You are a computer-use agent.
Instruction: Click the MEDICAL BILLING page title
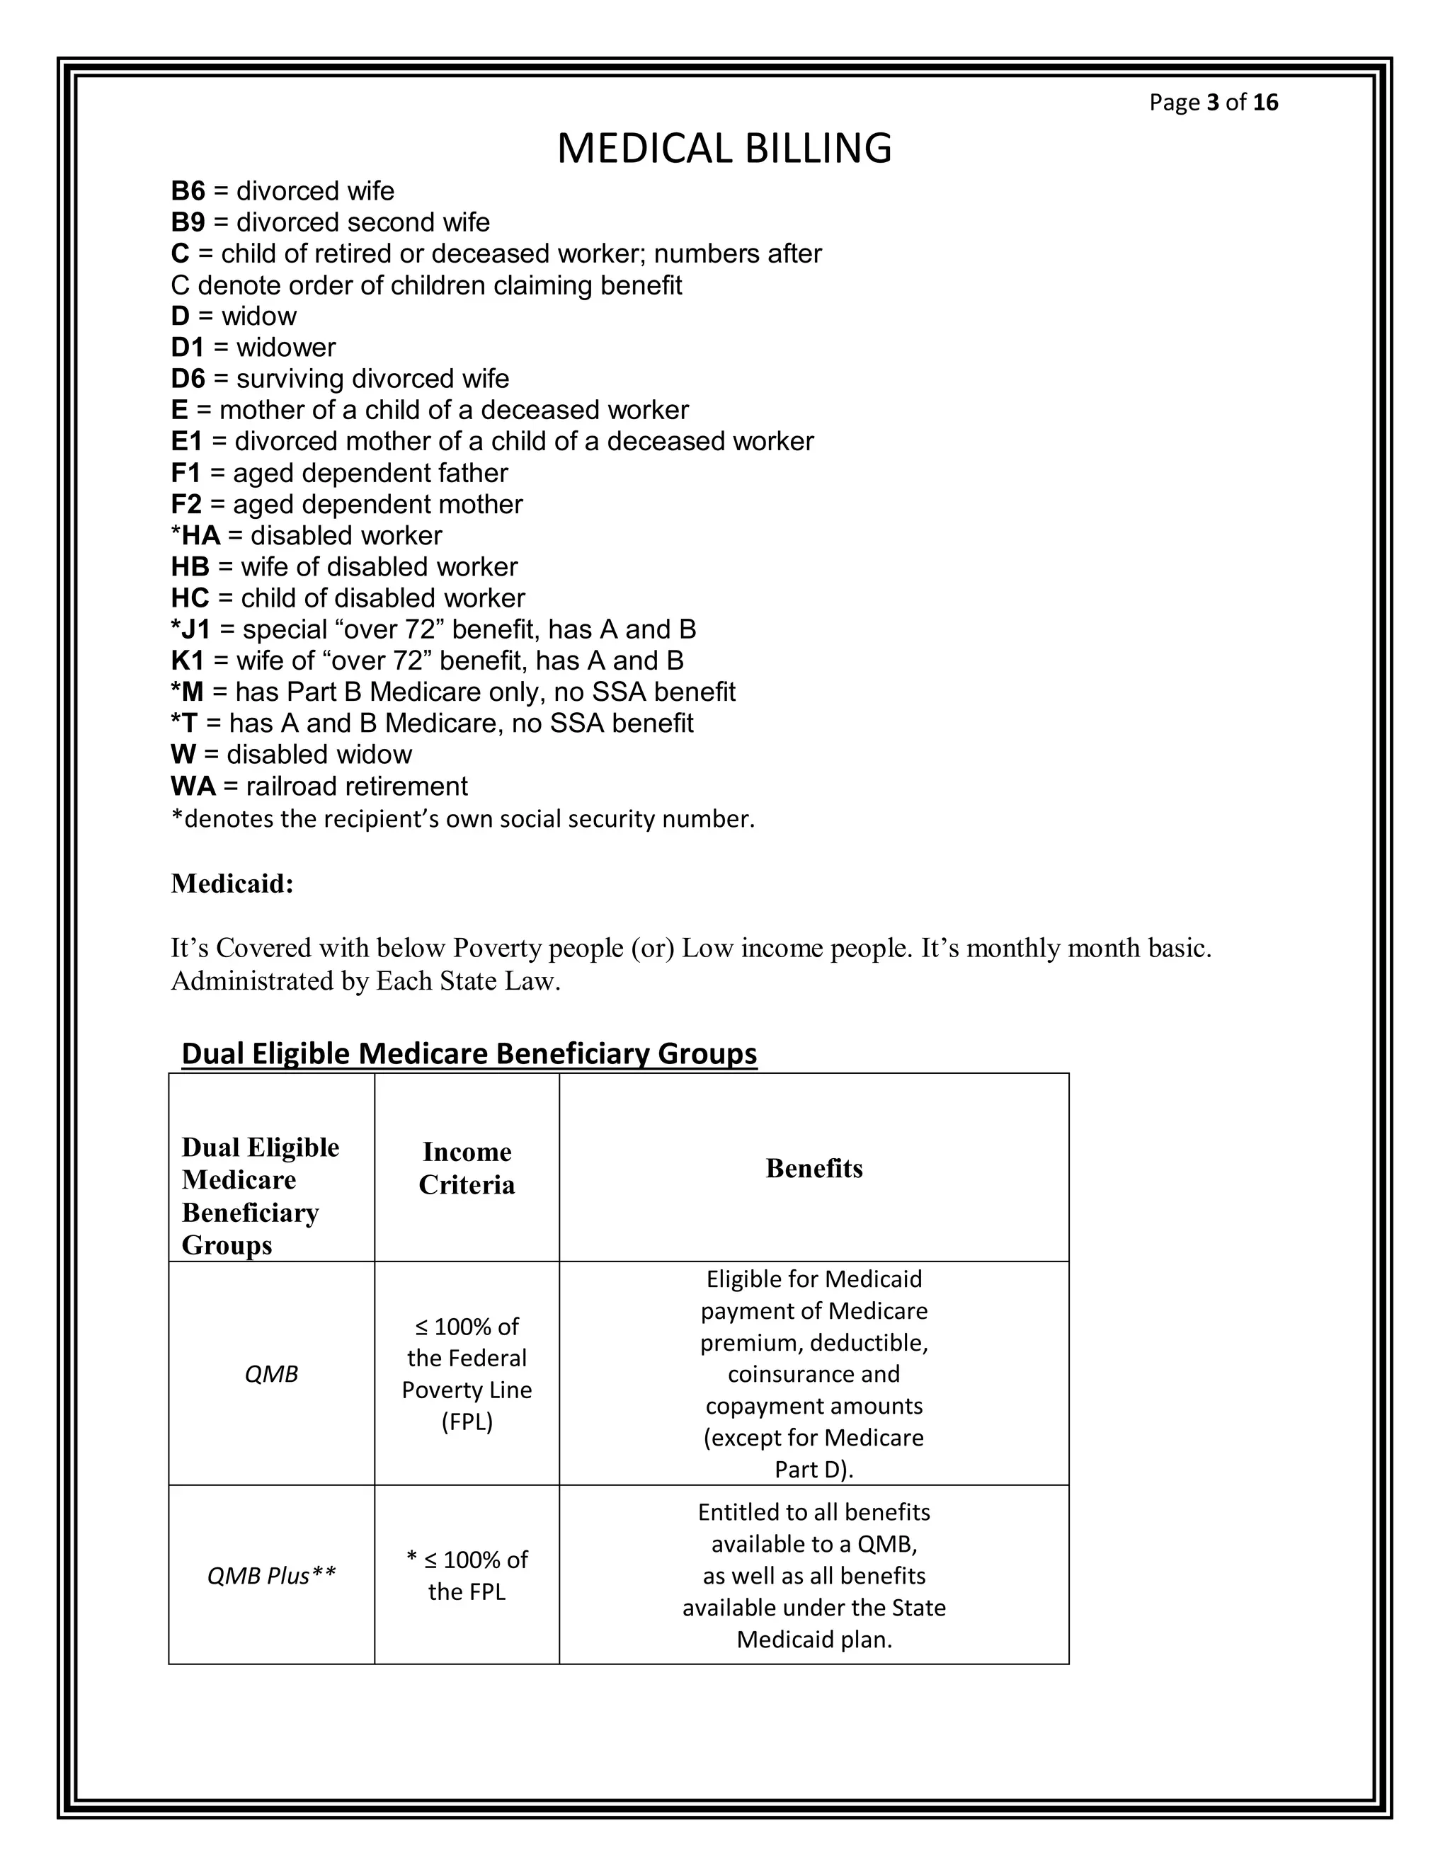(724, 148)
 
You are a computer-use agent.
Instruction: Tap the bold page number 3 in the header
(1212, 102)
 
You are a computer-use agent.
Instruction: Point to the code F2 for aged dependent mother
(185, 504)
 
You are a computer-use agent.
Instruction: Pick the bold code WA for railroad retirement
(193, 786)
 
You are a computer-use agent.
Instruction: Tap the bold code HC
(190, 598)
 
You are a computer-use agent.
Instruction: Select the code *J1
(190, 629)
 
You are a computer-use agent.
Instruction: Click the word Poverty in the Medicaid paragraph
(495, 949)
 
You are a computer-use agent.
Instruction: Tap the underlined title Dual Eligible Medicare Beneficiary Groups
(469, 1053)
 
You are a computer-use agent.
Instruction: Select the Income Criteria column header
(467, 1168)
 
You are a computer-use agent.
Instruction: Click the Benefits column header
(814, 1168)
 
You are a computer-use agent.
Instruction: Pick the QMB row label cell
(271, 1374)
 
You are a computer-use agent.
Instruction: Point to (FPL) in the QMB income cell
(467, 1422)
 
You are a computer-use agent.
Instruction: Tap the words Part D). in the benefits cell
(814, 1470)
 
